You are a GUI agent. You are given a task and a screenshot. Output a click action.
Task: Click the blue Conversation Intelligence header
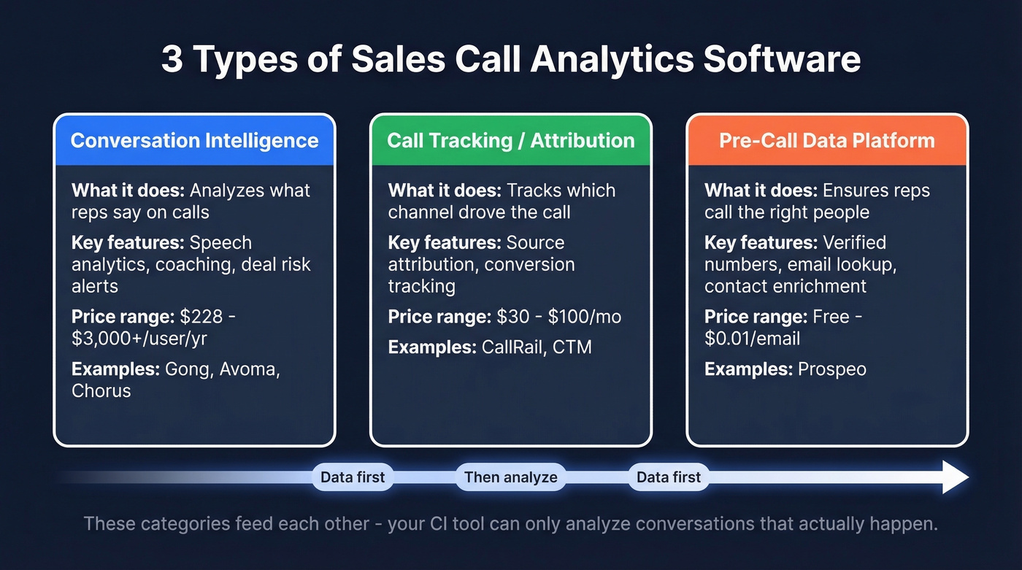pyautogui.click(x=194, y=140)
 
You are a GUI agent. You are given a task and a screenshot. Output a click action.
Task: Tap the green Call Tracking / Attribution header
pyautogui.click(x=510, y=140)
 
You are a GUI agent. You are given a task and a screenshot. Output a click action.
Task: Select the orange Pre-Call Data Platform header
pyautogui.click(x=826, y=140)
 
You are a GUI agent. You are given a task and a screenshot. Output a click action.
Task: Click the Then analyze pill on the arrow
pyautogui.click(x=510, y=478)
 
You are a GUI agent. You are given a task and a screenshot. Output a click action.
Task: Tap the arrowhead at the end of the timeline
pyautogui.click(x=955, y=477)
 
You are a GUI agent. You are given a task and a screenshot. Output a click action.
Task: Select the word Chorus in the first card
pyautogui.click(x=101, y=390)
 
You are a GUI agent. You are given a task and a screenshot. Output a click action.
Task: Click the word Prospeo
pyautogui.click(x=831, y=369)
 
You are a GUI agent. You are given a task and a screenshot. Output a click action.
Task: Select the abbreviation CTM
pyautogui.click(x=572, y=347)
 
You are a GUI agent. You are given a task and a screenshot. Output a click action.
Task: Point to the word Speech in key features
pyautogui.click(x=220, y=242)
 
